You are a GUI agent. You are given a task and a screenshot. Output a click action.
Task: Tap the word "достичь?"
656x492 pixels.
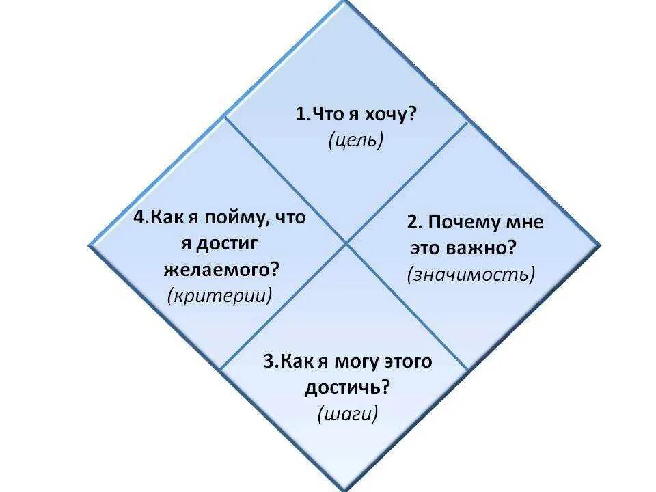point(347,387)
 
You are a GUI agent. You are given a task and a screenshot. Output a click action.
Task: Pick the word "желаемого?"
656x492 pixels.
point(222,269)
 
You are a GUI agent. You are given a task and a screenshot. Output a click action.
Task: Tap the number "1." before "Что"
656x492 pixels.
point(303,115)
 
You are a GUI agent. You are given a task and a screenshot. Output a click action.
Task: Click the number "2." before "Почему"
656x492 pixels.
point(415,223)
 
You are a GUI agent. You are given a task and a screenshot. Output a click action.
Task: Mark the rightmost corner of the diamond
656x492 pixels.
point(600,243)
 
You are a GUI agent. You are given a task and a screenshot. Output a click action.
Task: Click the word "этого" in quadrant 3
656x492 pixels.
point(409,361)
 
